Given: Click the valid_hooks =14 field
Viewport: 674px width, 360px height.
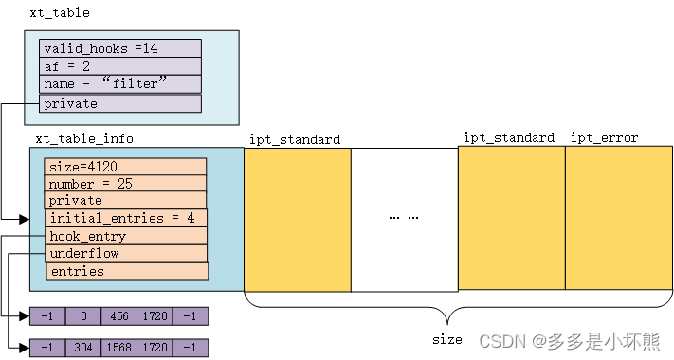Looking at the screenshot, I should pyautogui.click(x=120, y=48).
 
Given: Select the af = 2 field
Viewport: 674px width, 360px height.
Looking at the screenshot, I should pyautogui.click(x=120, y=66).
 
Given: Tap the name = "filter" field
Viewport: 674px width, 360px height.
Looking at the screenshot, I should pyautogui.click(x=120, y=84).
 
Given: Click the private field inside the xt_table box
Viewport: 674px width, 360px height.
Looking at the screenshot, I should pyautogui.click(x=120, y=103).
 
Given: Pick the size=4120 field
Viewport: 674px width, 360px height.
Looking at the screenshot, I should pyautogui.click(x=125, y=167).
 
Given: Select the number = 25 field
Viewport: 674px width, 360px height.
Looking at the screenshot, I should pyautogui.click(x=125, y=184).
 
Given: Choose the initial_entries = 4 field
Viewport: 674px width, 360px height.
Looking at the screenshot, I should pyautogui.click(x=125, y=219).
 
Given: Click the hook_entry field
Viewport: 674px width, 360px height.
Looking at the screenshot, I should pyautogui.click(x=125, y=236).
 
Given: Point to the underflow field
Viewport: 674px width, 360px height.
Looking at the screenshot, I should pyautogui.click(x=125, y=254).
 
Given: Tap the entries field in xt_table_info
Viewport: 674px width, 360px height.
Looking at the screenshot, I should pyautogui.click(x=126, y=272).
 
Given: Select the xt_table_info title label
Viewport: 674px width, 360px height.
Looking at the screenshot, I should pyautogui.click(x=84, y=138).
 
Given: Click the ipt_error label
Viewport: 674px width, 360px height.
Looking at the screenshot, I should pyautogui.click(x=604, y=138).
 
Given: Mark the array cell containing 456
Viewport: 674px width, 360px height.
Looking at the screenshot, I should pyautogui.click(x=119, y=316).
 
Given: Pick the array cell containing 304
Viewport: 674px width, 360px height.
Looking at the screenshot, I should pyautogui.click(x=84, y=348).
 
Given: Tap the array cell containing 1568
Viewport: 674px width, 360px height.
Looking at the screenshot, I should pyautogui.click(x=119, y=348).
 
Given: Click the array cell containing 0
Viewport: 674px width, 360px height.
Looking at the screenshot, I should pyautogui.click(x=84, y=316).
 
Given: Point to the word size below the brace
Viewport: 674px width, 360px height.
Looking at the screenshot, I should pyautogui.click(x=446, y=339).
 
